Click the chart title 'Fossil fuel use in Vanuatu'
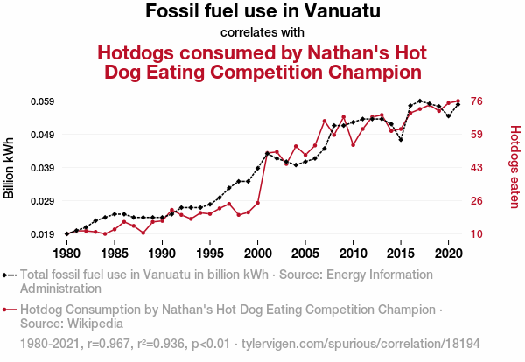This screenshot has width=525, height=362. (262, 12)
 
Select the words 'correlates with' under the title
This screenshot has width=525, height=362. (262, 33)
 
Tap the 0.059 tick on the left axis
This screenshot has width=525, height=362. (41, 101)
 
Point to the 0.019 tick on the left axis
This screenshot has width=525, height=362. (41, 234)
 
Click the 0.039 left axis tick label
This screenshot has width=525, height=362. (41, 168)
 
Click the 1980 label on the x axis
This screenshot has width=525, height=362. (66, 254)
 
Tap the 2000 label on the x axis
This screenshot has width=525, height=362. (257, 254)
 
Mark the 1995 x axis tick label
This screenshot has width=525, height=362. (210, 254)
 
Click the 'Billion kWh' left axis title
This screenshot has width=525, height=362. (10, 168)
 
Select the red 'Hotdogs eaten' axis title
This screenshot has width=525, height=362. (514, 166)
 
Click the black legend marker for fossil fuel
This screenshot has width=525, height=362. (10, 275)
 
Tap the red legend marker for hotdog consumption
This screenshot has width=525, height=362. (10, 310)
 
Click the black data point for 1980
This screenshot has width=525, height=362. (66, 233)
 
